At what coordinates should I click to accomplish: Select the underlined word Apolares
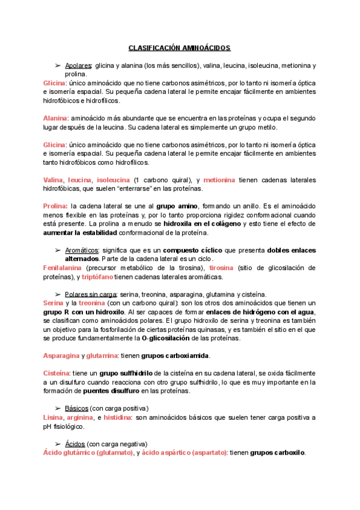point(78,65)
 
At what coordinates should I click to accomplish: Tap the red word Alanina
point(56,118)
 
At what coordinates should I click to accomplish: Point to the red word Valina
point(54,180)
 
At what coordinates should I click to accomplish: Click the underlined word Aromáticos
point(82,250)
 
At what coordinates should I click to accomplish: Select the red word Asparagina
point(61,357)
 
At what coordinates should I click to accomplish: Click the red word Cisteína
point(57,373)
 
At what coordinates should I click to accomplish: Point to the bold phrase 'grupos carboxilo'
point(278,453)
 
